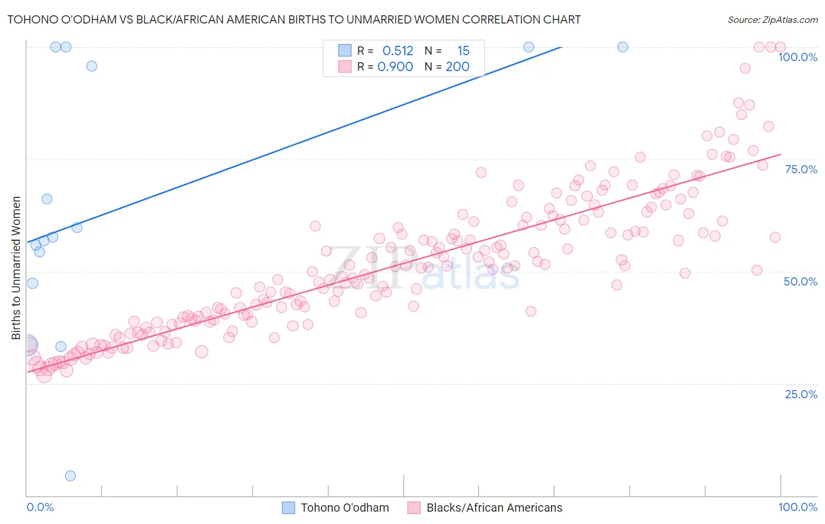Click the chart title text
tap(294, 19)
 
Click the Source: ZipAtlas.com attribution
tap(772, 19)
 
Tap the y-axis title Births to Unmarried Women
tap(16, 268)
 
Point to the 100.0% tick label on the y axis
tap(797, 57)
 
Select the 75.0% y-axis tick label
tap(801, 169)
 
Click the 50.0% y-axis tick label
tap(800, 281)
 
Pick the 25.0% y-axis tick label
tap(801, 394)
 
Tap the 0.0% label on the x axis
tap(40, 507)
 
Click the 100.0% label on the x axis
tap(797, 507)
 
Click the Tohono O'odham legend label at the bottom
tap(344, 508)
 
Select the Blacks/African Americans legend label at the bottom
tap(494, 508)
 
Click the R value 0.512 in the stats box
tap(398, 51)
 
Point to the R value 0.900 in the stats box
tap(395, 67)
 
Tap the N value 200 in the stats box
tap(457, 67)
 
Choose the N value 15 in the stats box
tap(463, 51)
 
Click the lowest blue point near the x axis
tap(70, 476)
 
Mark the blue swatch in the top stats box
tap(344, 51)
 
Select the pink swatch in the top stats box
tap(344, 66)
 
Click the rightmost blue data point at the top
tap(623, 47)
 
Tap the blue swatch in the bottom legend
tap(288, 508)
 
